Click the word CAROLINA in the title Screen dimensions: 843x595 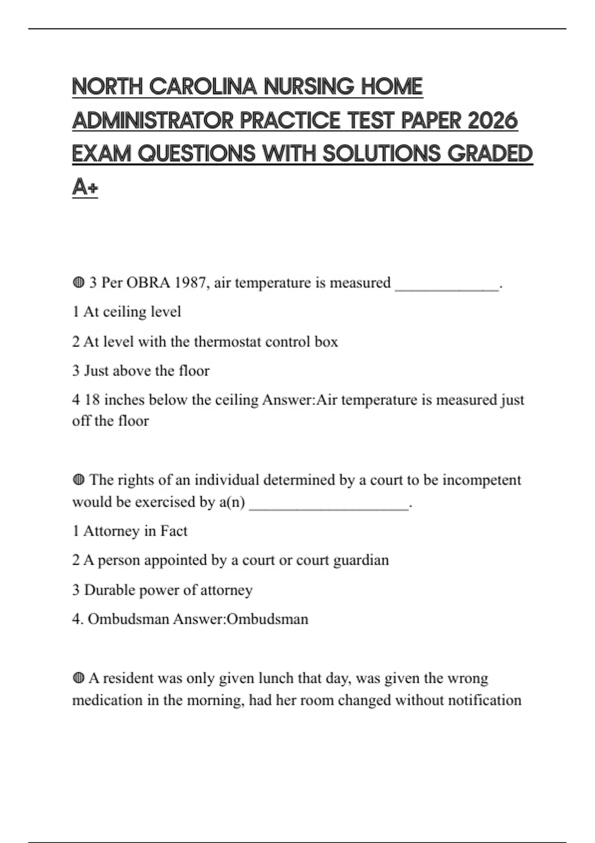[x=203, y=87]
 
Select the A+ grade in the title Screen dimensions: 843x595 [x=85, y=187]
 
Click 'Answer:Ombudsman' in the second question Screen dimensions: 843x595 [x=240, y=619]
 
